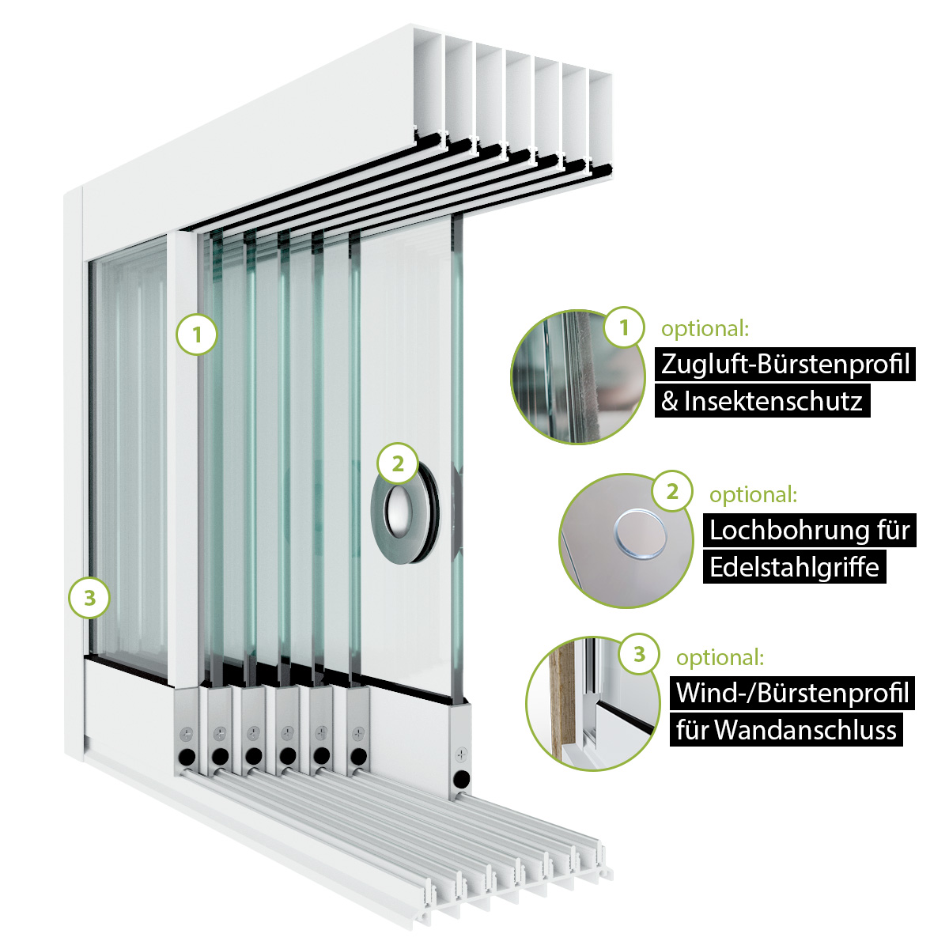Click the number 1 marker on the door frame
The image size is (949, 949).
tap(197, 335)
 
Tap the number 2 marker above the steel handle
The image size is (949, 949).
tap(398, 463)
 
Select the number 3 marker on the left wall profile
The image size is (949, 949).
tap(89, 598)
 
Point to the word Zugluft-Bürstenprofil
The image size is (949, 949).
tap(785, 364)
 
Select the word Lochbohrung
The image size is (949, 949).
tap(781, 529)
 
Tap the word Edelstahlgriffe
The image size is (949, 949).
tap(794, 567)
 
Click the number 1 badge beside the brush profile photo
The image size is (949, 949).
tap(624, 327)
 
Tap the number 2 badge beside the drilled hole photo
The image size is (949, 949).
tap(672, 492)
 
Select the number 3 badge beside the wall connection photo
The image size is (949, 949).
tap(640, 654)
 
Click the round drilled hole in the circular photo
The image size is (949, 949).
tap(641, 535)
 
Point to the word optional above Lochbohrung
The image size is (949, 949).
tap(753, 495)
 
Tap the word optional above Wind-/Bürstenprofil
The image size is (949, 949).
tap(720, 657)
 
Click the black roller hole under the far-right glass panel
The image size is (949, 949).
tap(462, 780)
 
